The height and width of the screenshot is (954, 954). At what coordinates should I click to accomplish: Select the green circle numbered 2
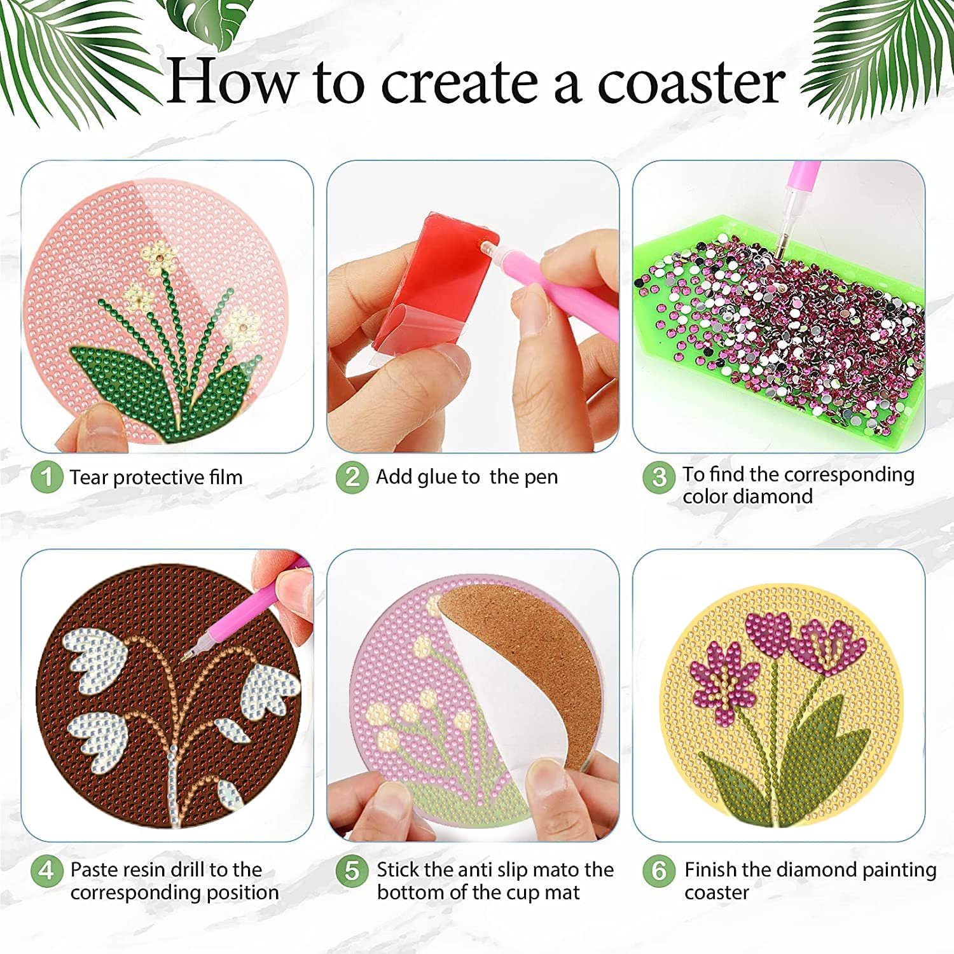pos(352,477)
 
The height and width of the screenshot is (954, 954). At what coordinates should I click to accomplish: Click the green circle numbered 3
pos(659,477)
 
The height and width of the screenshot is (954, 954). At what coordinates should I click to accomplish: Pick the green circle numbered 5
pos(352,870)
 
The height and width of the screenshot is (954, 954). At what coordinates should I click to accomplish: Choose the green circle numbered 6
pos(659,870)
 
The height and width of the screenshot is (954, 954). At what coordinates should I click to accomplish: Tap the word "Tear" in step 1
pos(89,477)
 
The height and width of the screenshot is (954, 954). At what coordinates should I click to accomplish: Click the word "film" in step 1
pos(226,477)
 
